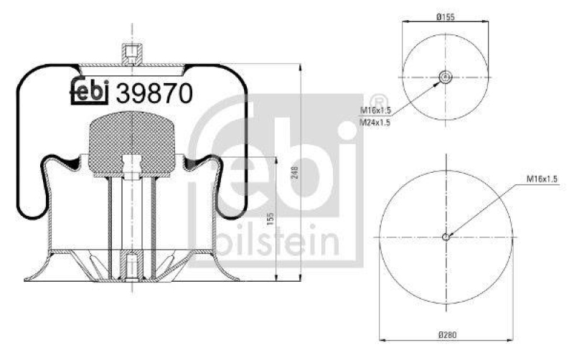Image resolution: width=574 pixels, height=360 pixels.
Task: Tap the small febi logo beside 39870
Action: tap(89, 91)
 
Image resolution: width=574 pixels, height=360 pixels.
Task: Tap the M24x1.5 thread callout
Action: tap(374, 123)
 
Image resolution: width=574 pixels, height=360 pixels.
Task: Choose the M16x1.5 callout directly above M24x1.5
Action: tap(374, 111)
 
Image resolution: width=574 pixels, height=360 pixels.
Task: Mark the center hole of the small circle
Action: tap(445, 77)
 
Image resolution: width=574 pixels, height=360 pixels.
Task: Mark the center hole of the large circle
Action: tap(445, 237)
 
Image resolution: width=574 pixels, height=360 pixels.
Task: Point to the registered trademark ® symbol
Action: tap(376, 102)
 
